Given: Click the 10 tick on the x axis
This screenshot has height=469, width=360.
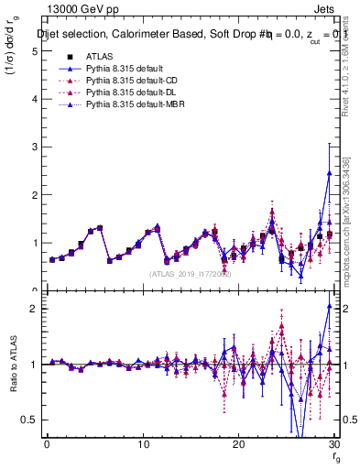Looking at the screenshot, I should tap(143, 444).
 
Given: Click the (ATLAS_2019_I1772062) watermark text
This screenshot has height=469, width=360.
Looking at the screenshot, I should tap(191, 274).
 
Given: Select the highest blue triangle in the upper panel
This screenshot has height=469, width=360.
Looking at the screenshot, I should tap(329, 172).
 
